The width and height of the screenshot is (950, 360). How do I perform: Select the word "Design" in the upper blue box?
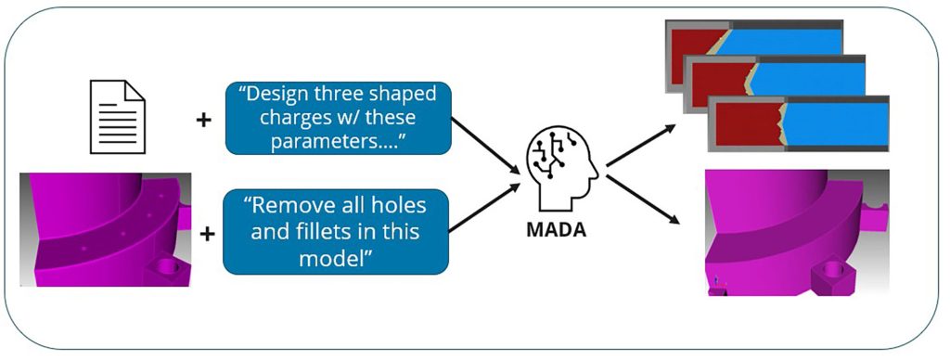pyautogui.click(x=284, y=96)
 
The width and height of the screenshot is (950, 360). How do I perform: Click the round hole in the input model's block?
pyautogui.click(x=165, y=268)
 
